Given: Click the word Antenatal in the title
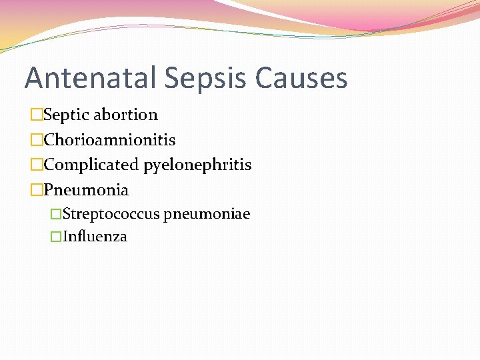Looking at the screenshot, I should (x=91, y=78).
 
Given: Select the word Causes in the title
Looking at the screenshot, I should (x=301, y=78).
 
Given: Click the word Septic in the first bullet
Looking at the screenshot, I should (x=66, y=115).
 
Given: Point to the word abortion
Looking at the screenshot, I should (x=125, y=115).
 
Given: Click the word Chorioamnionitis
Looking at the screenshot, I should (x=109, y=140).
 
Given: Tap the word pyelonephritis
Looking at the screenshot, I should (x=197, y=165).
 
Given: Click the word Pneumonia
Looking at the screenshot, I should (x=86, y=190).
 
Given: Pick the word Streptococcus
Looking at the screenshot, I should (x=111, y=214).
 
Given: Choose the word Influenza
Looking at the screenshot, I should (x=95, y=237).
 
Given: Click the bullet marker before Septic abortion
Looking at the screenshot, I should (x=37, y=115).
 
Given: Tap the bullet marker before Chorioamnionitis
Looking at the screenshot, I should (x=37, y=140).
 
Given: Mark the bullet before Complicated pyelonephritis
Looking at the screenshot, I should (x=37, y=165).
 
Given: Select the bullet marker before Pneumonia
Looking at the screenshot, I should (x=37, y=190).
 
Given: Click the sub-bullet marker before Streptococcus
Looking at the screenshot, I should (x=57, y=215).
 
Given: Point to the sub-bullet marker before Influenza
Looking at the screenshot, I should (x=57, y=237).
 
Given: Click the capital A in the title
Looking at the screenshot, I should (x=35, y=78).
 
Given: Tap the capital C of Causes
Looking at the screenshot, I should (x=265, y=78).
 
